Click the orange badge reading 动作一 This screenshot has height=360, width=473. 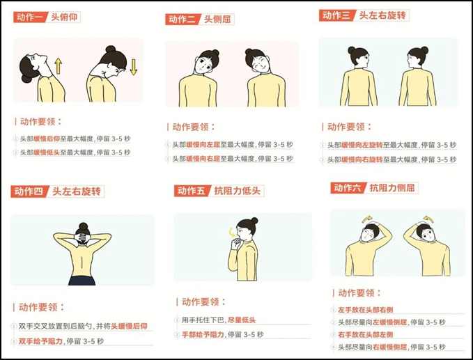coord(29,17)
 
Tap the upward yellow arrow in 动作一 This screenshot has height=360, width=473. coord(59,66)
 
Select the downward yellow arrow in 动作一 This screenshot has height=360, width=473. coord(133,67)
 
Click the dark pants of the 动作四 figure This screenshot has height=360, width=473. coord(82,281)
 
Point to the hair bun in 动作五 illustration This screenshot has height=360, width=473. coord(254,221)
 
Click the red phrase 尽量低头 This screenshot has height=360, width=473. coord(243,320)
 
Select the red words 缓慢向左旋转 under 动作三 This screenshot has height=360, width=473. coord(362,146)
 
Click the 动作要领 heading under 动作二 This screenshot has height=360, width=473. coord(193,127)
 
